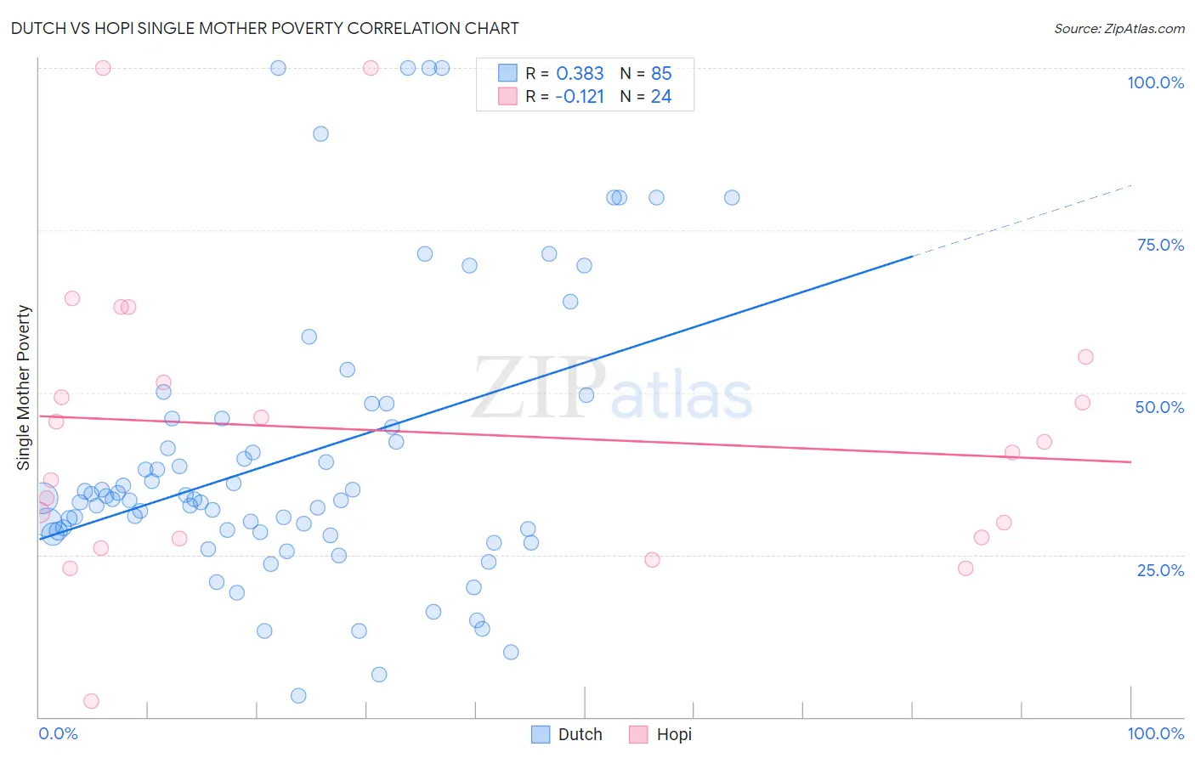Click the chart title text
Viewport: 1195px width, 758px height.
(264, 28)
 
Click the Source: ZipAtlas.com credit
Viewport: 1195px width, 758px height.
(1119, 28)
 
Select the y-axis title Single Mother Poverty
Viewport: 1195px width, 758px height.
(23, 387)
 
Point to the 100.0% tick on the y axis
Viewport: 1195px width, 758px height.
(1155, 82)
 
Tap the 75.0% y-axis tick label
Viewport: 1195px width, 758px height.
(1160, 245)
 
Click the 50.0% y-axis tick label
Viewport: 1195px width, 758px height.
(1159, 407)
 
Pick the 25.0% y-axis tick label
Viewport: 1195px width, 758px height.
(1160, 570)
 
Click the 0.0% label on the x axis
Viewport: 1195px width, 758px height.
(58, 733)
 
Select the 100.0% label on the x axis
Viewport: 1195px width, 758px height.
(1155, 733)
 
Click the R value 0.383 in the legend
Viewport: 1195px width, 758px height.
(580, 74)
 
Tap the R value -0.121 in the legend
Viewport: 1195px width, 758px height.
(579, 97)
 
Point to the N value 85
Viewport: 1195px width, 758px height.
(661, 74)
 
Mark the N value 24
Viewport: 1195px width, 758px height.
(661, 97)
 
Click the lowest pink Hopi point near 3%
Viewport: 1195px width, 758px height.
(91, 701)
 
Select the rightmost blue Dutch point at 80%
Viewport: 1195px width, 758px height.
(732, 198)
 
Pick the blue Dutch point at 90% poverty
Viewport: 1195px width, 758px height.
(320, 133)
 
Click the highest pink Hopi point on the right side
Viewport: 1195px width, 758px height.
(1085, 357)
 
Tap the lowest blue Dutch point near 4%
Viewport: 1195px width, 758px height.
(298, 696)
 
